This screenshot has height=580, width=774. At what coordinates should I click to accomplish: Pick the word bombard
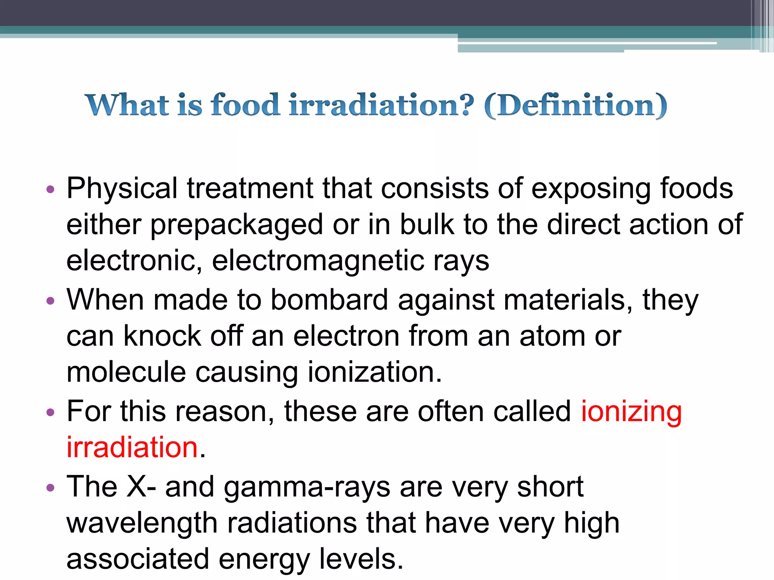(329, 300)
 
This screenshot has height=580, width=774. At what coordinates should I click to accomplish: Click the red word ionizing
(631, 412)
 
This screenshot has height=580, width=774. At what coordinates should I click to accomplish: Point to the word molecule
(126, 372)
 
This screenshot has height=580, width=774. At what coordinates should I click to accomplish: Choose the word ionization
(375, 372)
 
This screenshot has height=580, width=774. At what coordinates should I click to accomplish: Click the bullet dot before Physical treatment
(50, 189)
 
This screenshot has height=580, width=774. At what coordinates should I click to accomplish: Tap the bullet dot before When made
(50, 301)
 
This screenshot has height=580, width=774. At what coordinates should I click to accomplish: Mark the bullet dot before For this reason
(50, 412)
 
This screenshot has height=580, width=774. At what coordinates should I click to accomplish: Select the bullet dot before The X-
(50, 487)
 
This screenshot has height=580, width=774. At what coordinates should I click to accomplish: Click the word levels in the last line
(361, 559)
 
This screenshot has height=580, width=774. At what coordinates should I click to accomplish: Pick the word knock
(162, 336)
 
